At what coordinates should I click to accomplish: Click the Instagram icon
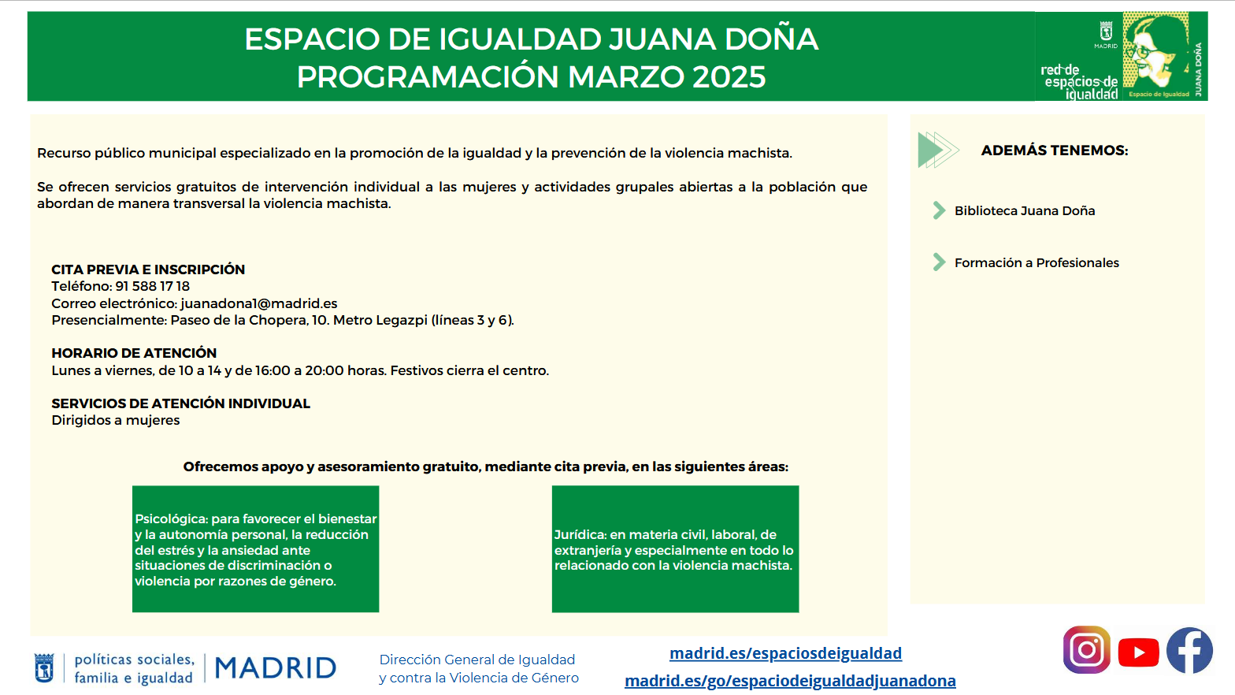point(1086,650)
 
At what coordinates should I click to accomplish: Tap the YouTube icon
point(1139,652)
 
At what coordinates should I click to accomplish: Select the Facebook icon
point(1190,650)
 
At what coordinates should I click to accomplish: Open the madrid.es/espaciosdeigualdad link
point(786,653)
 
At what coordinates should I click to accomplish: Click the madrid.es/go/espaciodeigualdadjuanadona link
point(790,681)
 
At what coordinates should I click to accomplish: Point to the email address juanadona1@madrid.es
point(258,303)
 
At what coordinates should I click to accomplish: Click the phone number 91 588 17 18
point(152,286)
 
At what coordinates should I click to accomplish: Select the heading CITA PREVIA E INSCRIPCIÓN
point(148,269)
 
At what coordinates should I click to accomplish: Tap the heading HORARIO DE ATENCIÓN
point(134,353)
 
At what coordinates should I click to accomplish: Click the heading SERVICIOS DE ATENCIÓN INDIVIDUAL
point(181,403)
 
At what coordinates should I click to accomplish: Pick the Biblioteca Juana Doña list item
point(1025,210)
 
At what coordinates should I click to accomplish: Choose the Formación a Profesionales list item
point(1037,262)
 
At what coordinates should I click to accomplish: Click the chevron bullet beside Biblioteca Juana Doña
point(939,210)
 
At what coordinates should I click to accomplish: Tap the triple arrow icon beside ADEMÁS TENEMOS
point(938,150)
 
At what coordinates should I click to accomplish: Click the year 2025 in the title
point(729,76)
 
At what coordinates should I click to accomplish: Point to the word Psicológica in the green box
point(171,519)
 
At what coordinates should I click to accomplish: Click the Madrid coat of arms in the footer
point(44,668)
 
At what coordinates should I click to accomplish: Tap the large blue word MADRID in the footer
point(275,668)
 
